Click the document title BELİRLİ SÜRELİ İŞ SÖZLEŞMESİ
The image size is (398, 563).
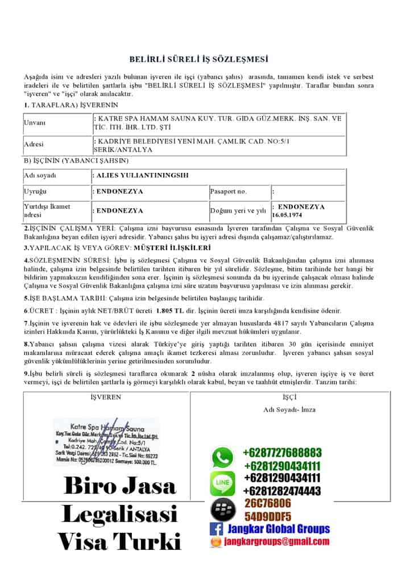point(198,59)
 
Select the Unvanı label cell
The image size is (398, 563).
point(35,123)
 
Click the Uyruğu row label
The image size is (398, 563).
point(35,192)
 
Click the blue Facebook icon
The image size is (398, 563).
point(216,529)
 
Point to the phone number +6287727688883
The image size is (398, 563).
point(282,453)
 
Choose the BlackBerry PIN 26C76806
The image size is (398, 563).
point(268,503)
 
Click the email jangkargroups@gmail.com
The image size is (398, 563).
point(275,543)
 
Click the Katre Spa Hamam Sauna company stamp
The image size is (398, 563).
point(106,443)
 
